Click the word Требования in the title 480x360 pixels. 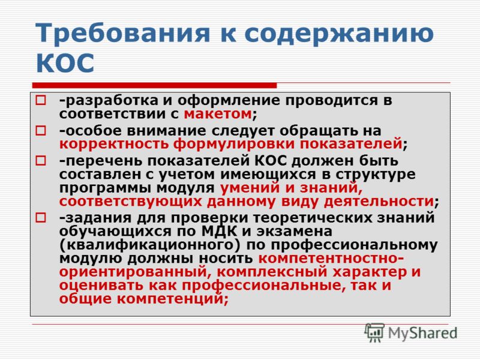pos(122,33)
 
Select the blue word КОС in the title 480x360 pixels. pos(65,63)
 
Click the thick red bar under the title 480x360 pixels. pos(154,85)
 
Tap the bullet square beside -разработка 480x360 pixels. pos(41,100)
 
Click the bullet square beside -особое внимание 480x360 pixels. pos(41,131)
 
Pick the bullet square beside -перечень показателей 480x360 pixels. pos(41,161)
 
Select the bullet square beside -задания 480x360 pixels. pos(41,218)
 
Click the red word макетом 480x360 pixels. pos(218,114)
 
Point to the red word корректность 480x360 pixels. pos(114,144)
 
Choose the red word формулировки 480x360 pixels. pos(234,144)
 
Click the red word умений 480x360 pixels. pos(250,188)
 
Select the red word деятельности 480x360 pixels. pos(379,202)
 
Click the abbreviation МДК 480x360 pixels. pos(219,231)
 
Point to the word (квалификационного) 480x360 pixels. pos(151,245)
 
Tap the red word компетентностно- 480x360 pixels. pos(331,259)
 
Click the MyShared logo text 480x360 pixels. pos(422,334)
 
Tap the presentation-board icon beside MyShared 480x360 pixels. pos(374,332)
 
